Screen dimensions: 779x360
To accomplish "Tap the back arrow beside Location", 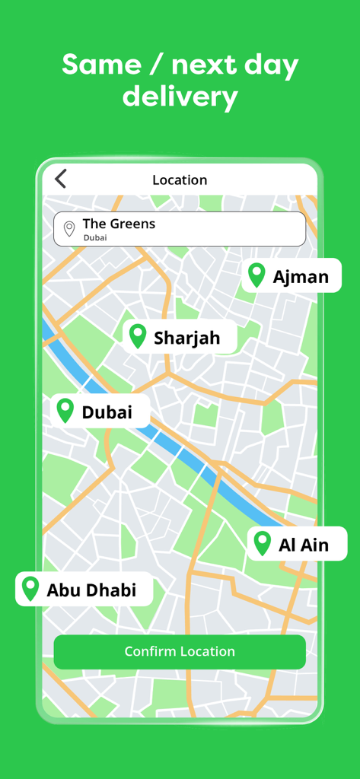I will [x=61, y=179].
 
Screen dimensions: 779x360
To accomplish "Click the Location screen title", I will [x=180, y=180].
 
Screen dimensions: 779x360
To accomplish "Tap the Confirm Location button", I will [x=180, y=652].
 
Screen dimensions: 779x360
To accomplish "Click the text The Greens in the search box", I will [x=119, y=224].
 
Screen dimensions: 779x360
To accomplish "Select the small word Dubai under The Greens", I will [x=95, y=237].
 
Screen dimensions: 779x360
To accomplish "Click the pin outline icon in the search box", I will [x=69, y=228].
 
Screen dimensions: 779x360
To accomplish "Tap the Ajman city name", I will [x=301, y=276].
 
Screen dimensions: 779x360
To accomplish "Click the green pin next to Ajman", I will [x=256, y=275].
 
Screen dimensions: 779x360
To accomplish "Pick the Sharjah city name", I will [x=186, y=338].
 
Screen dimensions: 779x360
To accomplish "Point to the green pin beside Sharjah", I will [x=137, y=335].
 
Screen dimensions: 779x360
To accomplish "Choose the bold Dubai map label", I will [x=107, y=412].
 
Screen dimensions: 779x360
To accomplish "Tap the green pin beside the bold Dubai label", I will [x=65, y=410].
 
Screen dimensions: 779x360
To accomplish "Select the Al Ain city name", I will [x=304, y=545].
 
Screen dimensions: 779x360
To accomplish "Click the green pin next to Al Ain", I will [x=262, y=542].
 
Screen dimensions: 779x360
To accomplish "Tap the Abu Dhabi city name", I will [x=91, y=590].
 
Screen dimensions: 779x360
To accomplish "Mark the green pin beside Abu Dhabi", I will [x=30, y=588].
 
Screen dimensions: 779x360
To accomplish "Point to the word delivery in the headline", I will [x=180, y=97].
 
